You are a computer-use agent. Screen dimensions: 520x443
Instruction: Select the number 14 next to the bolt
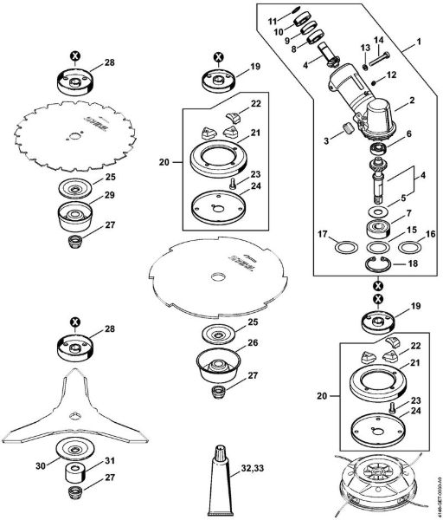coord(377,40)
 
